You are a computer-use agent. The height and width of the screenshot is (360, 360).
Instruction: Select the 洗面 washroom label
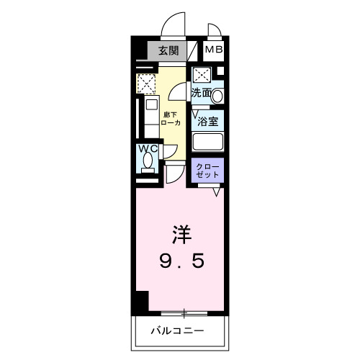coord(202,93)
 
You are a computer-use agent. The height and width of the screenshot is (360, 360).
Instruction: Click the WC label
coord(148,149)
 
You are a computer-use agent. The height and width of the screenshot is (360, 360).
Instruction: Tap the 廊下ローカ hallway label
coord(171,118)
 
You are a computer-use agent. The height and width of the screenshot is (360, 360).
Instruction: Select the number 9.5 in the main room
coord(181,259)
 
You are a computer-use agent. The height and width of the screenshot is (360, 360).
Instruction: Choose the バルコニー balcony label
coord(177,332)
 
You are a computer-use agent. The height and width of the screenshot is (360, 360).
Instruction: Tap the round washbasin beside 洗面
coord(218,94)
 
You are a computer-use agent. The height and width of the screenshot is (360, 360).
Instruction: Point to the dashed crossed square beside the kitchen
coord(147,84)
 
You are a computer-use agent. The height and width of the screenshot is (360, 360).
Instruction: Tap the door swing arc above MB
coord(215,31)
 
